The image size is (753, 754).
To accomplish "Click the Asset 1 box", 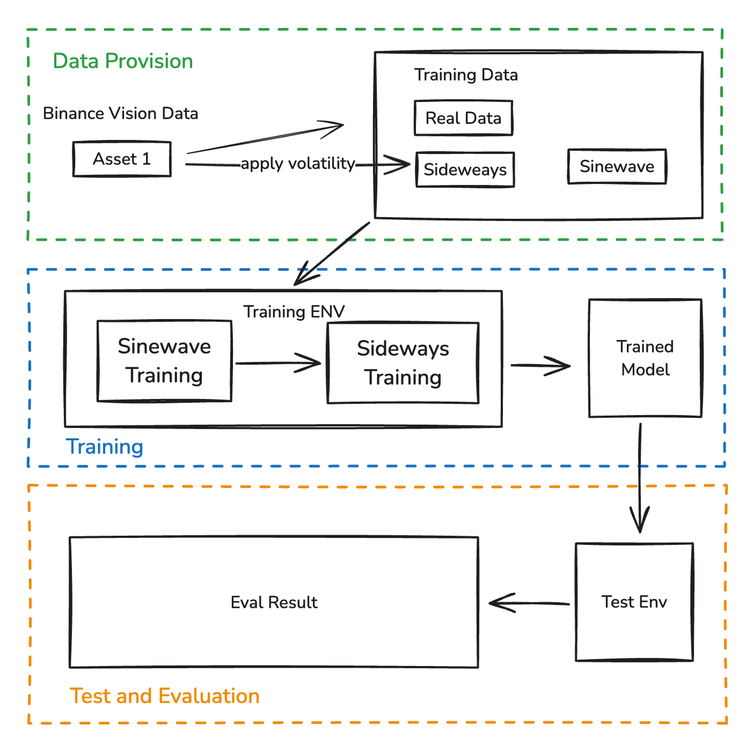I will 122,159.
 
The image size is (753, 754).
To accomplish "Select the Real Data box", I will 463,118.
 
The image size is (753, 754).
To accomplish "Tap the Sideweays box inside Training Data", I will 465,169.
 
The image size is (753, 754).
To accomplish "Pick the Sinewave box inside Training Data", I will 617,167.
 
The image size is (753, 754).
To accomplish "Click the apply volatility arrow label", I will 298,163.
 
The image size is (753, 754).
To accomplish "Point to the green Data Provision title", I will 123,61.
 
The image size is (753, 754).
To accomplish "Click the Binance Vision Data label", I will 120,113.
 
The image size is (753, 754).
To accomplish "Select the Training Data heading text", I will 466,75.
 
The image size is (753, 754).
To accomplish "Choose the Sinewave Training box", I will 164,361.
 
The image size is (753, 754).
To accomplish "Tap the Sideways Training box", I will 403,363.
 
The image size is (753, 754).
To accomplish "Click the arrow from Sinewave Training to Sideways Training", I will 278,363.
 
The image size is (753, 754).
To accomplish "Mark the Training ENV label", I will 294,312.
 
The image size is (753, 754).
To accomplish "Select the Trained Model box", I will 645,358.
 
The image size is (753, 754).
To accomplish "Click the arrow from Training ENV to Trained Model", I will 540,366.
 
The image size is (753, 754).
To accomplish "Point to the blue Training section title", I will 105,447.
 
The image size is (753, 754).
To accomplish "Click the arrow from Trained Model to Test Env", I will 640,477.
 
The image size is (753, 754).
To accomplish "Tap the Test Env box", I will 634,602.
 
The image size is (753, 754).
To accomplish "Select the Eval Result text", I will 274,602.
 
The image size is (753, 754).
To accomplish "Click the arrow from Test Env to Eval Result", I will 529,603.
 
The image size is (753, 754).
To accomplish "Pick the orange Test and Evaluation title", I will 165,696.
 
